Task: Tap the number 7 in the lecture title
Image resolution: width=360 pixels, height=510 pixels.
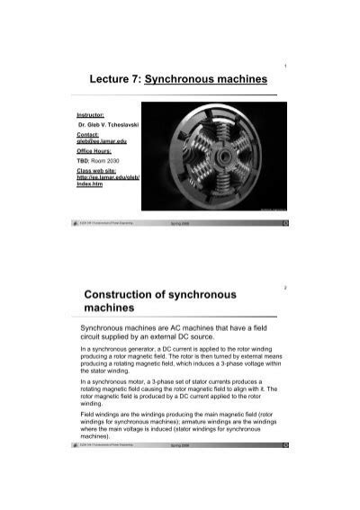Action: coord(144,80)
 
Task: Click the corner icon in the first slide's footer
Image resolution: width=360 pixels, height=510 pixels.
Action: coord(284,221)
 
